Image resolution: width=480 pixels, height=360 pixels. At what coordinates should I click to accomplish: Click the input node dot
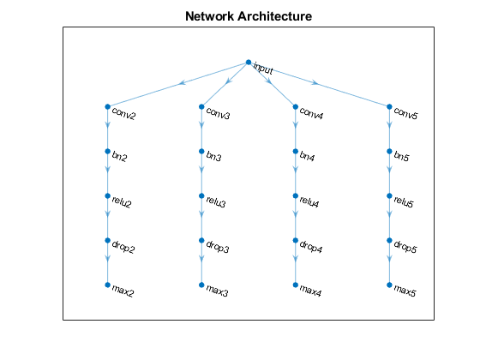click(249, 62)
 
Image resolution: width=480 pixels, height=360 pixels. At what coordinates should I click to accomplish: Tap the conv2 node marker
click(107, 106)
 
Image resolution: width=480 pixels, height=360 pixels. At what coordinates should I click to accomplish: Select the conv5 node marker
click(389, 106)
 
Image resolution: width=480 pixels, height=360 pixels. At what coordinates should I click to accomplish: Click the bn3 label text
click(213, 156)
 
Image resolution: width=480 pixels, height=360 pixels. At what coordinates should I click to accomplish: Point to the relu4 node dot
click(296, 195)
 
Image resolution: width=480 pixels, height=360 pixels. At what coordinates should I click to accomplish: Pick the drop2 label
click(123, 247)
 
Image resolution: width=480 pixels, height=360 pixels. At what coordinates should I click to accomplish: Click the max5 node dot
click(389, 285)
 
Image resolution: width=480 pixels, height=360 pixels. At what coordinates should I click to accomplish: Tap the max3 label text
click(217, 291)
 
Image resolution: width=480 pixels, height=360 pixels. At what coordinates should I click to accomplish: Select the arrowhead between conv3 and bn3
click(201, 125)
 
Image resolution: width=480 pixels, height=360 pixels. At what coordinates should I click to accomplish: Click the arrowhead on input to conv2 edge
click(183, 82)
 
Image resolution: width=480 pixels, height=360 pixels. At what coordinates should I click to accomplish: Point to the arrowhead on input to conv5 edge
click(315, 82)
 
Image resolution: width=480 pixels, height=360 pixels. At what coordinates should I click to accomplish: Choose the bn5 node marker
click(389, 151)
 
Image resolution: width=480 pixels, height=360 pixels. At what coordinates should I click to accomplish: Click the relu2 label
click(122, 201)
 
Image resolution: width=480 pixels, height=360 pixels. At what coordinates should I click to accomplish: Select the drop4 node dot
click(296, 240)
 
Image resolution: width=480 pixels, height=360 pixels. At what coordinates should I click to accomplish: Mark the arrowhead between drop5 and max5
click(389, 259)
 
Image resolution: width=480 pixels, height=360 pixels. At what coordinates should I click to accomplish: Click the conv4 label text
click(311, 113)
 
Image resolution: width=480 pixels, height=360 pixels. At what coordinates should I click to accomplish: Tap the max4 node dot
click(296, 285)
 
